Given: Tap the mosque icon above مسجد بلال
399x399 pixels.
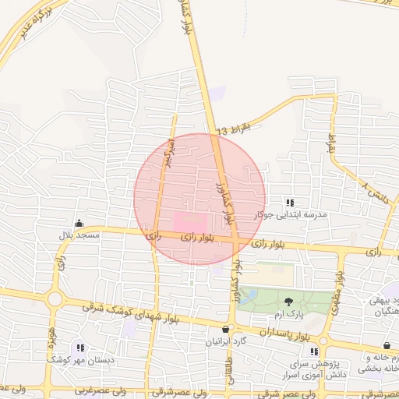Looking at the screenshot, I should pyautogui.click(x=78, y=224).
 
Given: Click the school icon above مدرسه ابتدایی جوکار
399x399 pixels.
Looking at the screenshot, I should pyautogui.click(x=291, y=203).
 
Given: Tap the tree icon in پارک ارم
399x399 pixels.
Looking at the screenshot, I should pyautogui.click(x=289, y=302).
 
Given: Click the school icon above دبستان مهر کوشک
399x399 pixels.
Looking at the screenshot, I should pyautogui.click(x=81, y=348).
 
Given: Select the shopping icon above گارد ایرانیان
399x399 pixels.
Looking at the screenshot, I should pyautogui.click(x=226, y=329).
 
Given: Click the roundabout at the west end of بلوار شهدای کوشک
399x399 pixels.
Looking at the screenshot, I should pyautogui.click(x=54, y=298).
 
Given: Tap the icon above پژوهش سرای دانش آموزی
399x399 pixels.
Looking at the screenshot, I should pyautogui.click(x=314, y=351).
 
